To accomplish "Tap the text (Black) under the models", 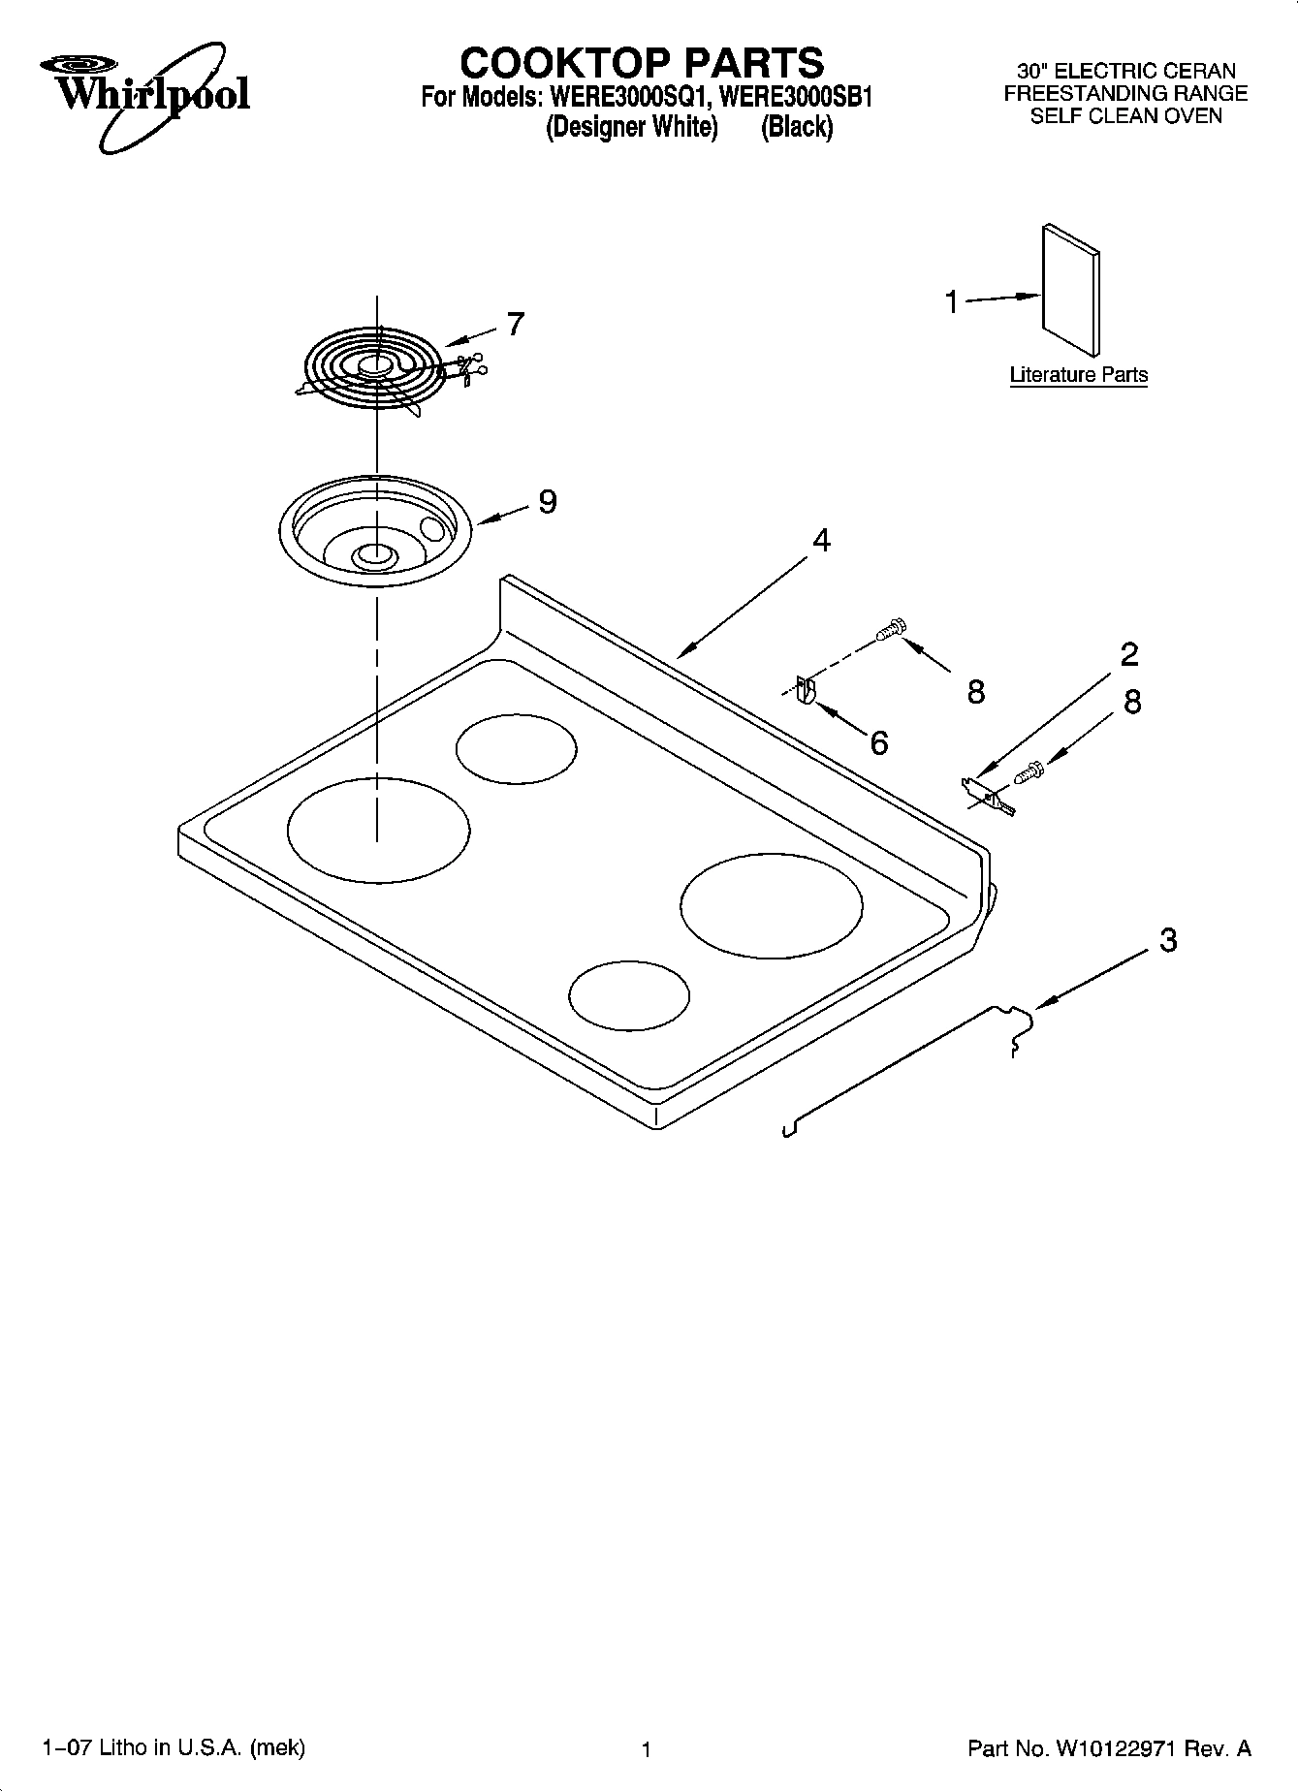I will click(796, 127).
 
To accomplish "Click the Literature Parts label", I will click(1078, 375).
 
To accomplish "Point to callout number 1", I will click(951, 302).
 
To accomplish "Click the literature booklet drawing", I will click(1071, 291).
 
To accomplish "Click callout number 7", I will click(515, 324).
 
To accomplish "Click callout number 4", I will click(821, 541).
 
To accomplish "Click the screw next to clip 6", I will click(890, 631).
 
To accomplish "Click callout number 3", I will click(1168, 939).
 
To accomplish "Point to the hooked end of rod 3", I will click(1015, 1027).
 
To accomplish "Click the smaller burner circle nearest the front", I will click(629, 995).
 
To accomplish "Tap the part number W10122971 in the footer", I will click(1115, 1748).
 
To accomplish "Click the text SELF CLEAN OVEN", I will click(1125, 116).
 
